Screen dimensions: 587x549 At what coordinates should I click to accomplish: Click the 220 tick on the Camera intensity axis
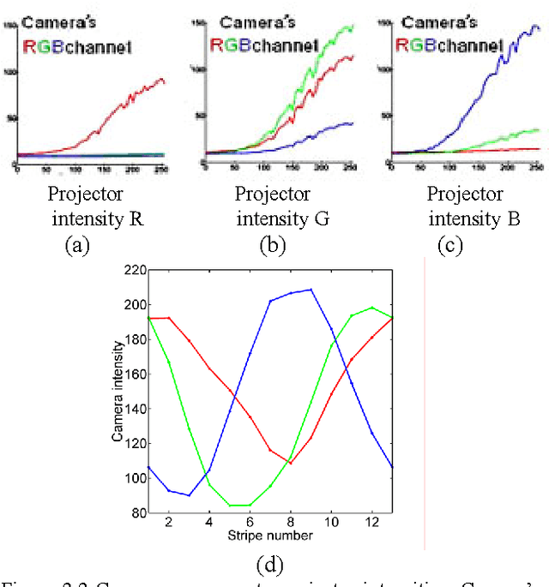[x=136, y=269]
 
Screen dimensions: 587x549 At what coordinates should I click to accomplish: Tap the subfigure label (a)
[x=78, y=246]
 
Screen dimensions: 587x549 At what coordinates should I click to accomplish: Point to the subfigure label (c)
[x=449, y=246]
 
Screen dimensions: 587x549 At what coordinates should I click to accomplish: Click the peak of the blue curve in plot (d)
[x=311, y=290]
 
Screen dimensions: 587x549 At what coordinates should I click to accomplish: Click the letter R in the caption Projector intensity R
[x=134, y=219]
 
